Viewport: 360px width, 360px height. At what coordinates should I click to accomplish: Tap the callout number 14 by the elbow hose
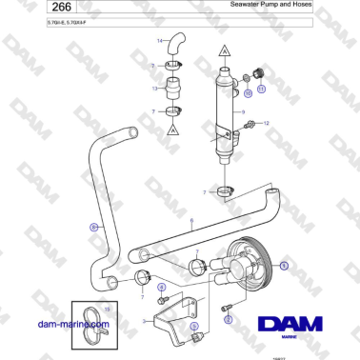click(160, 41)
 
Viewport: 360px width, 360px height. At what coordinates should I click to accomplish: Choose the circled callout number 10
click(247, 94)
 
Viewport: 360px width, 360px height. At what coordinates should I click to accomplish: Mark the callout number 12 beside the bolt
click(267, 123)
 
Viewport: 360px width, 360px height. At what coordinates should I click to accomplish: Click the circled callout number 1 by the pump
click(283, 257)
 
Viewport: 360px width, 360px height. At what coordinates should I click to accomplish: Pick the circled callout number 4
click(161, 286)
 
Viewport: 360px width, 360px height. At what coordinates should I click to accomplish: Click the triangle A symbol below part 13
click(174, 132)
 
